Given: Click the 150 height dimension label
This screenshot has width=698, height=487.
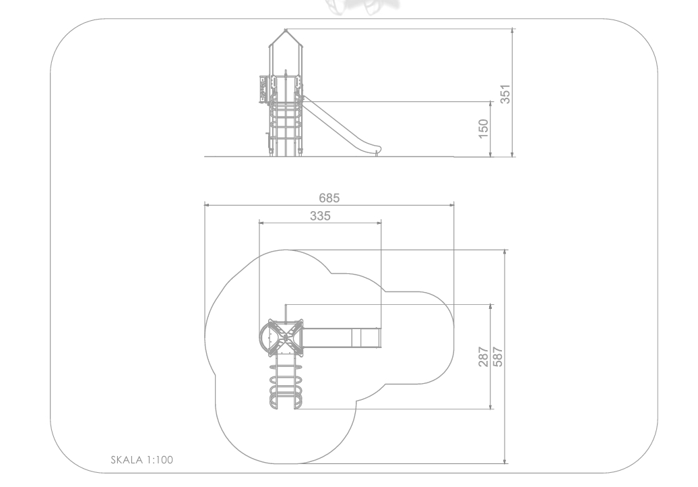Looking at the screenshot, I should coord(483,128).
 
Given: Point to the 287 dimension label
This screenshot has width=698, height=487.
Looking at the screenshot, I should coord(483,356).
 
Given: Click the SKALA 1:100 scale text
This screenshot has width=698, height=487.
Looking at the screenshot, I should coord(141,461).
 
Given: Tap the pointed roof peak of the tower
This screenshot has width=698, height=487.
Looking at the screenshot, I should coord(286,30).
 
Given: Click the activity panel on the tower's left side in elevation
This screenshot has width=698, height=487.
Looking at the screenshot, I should coord(263,88).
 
